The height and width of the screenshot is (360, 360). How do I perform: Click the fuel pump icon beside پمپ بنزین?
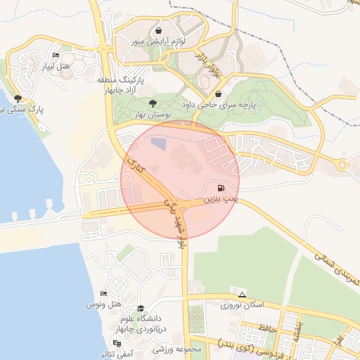click(222, 188)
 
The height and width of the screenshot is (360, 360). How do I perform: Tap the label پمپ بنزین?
click(217, 200)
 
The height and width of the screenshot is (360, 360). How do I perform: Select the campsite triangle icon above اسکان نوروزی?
click(243, 295)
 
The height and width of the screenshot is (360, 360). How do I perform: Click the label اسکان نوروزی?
click(241, 306)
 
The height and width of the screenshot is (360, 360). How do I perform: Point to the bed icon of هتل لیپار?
click(56, 55)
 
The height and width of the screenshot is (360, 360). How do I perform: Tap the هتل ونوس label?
click(104, 304)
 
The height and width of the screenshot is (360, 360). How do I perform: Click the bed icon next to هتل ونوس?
click(104, 293)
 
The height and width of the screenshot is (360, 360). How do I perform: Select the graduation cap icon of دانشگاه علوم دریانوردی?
click(141, 309)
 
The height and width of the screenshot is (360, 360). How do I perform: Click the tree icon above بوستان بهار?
click(153, 103)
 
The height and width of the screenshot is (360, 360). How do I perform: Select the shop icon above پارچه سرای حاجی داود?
click(219, 94)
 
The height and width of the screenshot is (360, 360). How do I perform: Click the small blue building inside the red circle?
click(160, 143)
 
